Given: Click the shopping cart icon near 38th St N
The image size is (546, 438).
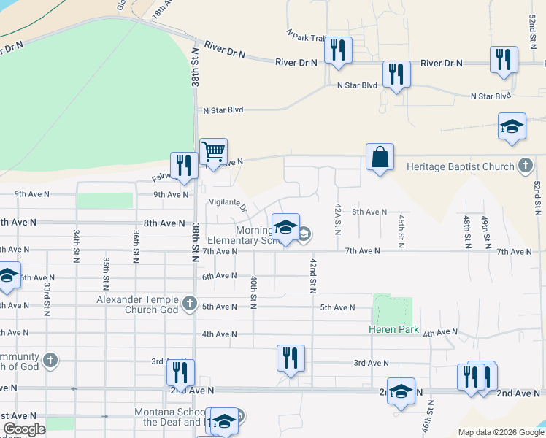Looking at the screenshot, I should coord(213,153).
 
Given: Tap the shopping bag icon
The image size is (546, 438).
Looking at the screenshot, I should coord(380,157).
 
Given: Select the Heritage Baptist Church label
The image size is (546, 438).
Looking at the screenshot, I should coord(460,166).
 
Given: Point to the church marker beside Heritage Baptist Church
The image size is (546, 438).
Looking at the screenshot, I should coord(525,166).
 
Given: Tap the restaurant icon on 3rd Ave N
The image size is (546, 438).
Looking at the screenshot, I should coord(291,358).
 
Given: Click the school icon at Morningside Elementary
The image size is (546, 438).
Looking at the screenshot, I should coord(286,227).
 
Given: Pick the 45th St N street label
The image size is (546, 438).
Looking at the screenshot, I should coord(401,231).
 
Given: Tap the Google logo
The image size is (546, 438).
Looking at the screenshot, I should coord(24,429).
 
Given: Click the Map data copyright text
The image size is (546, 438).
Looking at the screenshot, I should coord(500,432).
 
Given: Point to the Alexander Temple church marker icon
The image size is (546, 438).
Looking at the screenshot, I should coord(189,302).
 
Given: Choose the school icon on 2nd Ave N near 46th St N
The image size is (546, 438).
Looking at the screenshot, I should coord(401,391).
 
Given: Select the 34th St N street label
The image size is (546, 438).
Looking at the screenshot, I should coord(76,246).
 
